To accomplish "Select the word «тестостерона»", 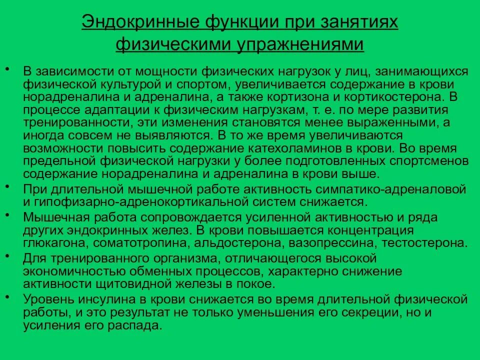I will click(425, 243).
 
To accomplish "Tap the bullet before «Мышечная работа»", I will click(10, 214).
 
